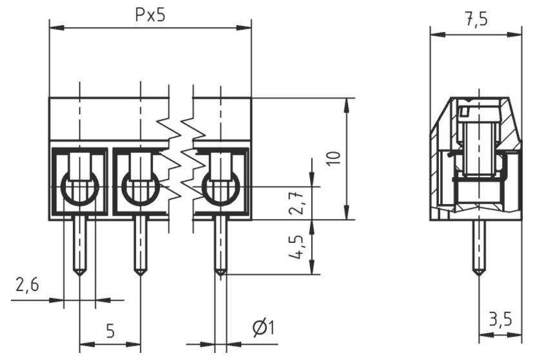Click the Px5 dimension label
150,15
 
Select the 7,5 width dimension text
476,19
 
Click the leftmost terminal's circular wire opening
79,189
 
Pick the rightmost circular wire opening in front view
220,189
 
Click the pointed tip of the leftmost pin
79,272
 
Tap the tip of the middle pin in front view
140,272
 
